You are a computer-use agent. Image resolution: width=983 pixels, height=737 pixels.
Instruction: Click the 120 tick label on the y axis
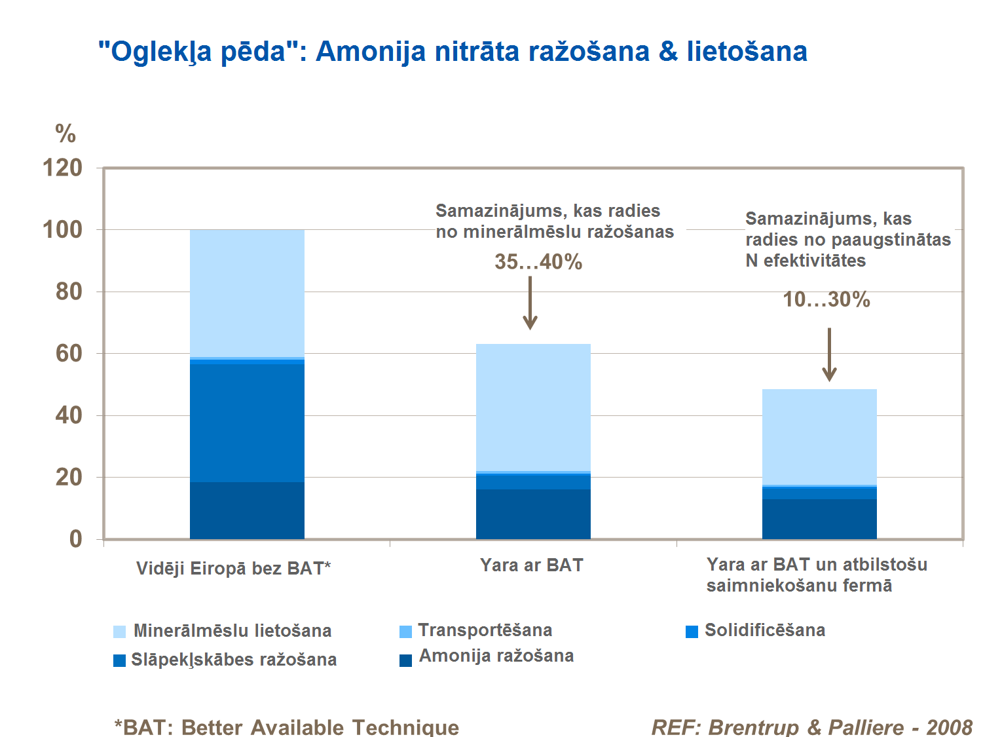(63, 168)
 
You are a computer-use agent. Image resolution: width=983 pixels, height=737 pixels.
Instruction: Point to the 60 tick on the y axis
(69, 354)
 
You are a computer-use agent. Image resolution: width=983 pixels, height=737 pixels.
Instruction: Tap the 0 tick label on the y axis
(76, 539)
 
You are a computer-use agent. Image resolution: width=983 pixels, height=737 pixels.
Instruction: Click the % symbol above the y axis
(65, 134)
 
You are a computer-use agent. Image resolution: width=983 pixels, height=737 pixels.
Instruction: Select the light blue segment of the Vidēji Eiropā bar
(247, 293)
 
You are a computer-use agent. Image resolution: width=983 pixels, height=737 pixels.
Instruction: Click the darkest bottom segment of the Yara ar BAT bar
(533, 514)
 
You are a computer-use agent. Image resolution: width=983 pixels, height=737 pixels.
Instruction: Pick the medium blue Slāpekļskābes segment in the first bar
(247, 423)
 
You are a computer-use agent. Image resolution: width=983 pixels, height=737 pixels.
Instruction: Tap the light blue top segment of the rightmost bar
(819, 437)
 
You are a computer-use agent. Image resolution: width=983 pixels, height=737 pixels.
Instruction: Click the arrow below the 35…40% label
(530, 303)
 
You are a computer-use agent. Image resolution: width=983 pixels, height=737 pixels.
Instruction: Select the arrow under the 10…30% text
(829, 354)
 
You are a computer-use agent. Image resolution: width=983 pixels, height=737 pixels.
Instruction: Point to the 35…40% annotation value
(538, 262)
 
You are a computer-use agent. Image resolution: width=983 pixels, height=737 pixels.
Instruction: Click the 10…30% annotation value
(826, 300)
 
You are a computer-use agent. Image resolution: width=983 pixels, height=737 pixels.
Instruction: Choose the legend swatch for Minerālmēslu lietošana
(119, 632)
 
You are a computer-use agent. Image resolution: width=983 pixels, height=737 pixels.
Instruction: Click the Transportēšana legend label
(485, 630)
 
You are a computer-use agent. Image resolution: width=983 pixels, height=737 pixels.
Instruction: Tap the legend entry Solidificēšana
(764, 630)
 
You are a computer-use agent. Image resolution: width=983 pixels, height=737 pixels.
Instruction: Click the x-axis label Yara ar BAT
(531, 565)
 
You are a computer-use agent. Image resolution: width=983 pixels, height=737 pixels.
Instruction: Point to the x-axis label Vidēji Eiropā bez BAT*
(233, 569)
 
